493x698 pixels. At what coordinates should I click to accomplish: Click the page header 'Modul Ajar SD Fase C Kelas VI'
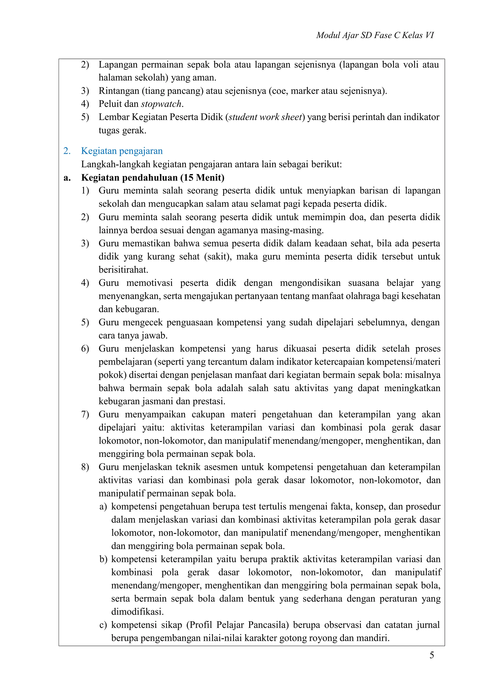click(x=375, y=36)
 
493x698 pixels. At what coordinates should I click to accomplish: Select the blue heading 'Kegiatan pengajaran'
click(x=122, y=151)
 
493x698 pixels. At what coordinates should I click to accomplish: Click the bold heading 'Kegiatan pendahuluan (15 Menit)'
click(x=153, y=178)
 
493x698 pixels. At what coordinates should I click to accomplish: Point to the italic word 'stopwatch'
click(x=162, y=104)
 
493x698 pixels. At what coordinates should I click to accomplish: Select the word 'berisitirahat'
click(x=123, y=270)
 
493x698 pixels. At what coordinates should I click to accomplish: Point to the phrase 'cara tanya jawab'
click(x=133, y=336)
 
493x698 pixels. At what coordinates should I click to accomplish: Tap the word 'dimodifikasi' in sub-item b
click(x=137, y=612)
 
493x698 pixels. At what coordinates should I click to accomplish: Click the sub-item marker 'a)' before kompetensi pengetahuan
click(x=103, y=506)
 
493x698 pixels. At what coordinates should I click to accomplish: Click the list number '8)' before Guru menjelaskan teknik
click(x=85, y=467)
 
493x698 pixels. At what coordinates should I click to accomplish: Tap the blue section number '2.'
click(x=67, y=151)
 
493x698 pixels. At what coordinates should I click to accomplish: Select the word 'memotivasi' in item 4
click(x=149, y=283)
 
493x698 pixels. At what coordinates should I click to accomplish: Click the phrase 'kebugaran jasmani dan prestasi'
click(x=162, y=401)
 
